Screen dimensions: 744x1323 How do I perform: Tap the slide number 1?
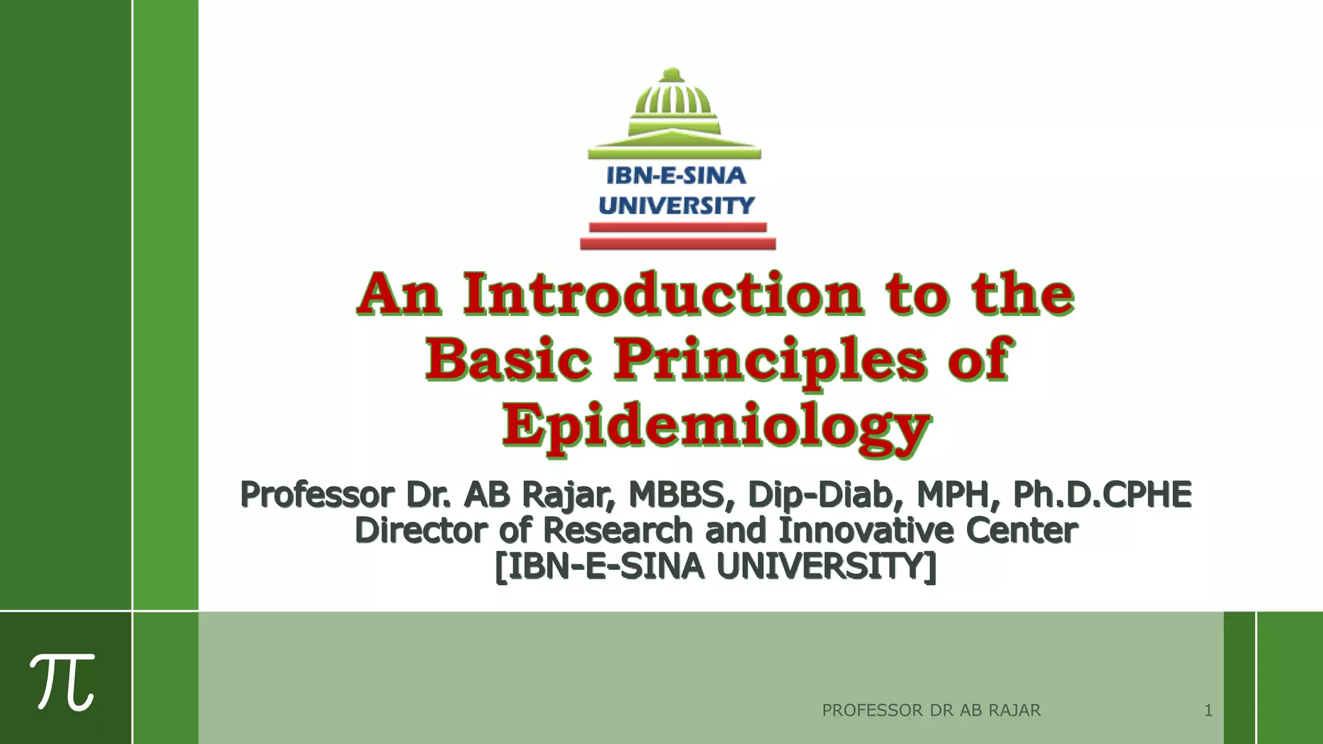[x=1208, y=710]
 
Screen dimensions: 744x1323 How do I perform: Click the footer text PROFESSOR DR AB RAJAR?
[x=931, y=710]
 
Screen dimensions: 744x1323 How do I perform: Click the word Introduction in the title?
[x=663, y=294]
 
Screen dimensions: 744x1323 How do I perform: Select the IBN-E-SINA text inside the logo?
[x=676, y=176]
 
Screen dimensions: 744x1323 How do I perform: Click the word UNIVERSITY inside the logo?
[x=676, y=205]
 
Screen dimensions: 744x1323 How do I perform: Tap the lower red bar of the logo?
[x=678, y=243]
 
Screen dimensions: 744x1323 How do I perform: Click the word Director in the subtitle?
[x=421, y=531]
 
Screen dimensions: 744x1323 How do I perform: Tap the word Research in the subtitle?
[x=618, y=531]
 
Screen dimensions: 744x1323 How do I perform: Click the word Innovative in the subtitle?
[x=866, y=531]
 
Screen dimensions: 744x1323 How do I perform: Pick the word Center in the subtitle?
[x=1022, y=531]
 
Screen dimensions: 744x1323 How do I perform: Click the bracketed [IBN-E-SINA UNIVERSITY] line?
[x=716, y=567]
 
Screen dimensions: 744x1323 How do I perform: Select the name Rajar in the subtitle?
[x=567, y=495]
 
